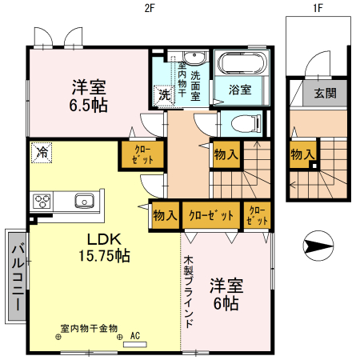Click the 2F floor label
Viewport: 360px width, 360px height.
[x=148, y=9]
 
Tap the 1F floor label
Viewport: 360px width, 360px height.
[x=318, y=9]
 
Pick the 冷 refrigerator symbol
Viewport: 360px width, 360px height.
[x=39, y=150]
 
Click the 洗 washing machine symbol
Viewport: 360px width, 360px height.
[x=163, y=94]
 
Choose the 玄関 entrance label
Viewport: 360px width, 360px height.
[x=326, y=93]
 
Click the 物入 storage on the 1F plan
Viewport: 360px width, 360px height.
[x=302, y=154]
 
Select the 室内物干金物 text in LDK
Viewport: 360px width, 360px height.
[x=89, y=328]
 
